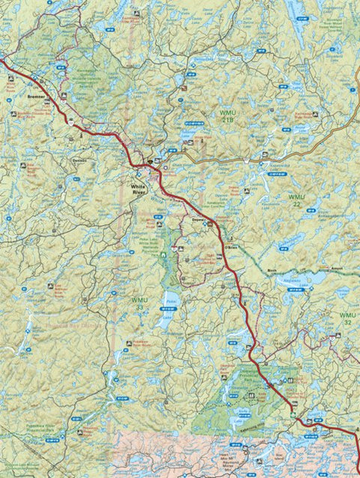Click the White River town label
point(140,189)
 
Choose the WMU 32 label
point(348,317)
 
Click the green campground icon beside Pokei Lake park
point(163,256)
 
